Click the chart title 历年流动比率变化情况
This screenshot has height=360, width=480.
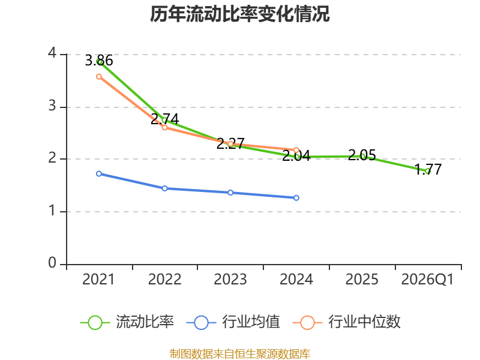pos(240,14)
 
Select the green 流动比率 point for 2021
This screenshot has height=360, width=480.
pos(99,61)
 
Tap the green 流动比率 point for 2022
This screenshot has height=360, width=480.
pos(164,120)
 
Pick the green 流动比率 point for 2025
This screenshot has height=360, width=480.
pos(362,156)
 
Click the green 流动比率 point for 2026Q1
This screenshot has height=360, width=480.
pos(428,171)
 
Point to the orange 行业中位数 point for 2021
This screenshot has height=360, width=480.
pos(99,76)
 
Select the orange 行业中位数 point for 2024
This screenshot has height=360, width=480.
pos(296,150)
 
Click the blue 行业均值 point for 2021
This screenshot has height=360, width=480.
pos(99,173)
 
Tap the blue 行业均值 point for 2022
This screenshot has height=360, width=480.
pos(164,188)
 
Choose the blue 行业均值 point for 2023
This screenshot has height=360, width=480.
pos(230,193)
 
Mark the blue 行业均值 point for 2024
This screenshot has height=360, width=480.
pos(296,197)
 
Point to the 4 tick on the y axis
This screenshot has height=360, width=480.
pos(52,54)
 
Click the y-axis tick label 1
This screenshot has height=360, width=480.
pos(52,211)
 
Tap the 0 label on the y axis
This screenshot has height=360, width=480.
pos(52,263)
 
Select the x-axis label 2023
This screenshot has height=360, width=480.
pos(230,280)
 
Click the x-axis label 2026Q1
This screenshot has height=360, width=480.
pos(428,280)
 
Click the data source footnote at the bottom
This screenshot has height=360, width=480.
pos(240,353)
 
